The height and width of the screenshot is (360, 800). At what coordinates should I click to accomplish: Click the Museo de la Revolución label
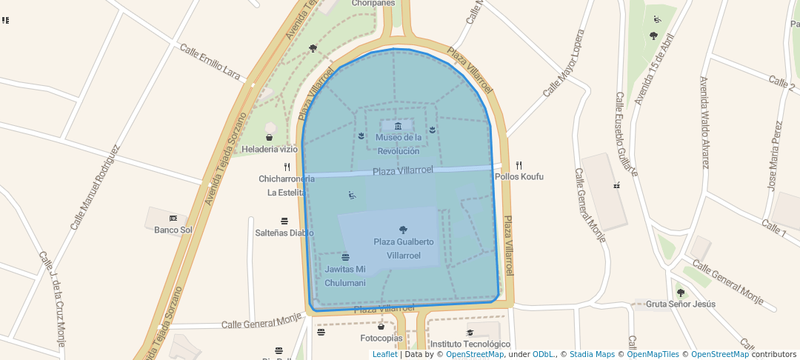(x=399, y=144)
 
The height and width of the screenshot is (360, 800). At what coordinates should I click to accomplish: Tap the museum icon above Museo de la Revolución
(x=398, y=125)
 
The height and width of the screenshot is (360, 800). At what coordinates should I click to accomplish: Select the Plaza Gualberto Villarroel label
(x=404, y=248)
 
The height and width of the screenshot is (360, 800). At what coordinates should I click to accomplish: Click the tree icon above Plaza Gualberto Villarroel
(x=403, y=230)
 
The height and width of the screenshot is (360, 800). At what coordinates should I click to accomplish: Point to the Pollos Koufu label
(x=519, y=177)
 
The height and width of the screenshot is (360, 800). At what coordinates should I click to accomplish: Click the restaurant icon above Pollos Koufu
(x=519, y=165)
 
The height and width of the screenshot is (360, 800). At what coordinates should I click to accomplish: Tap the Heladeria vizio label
(x=269, y=150)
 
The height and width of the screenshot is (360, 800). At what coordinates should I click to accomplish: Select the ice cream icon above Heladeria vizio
(x=269, y=137)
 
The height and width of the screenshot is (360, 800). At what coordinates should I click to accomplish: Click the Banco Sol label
(x=173, y=230)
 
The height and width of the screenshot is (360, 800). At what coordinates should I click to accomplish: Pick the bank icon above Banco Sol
(x=173, y=218)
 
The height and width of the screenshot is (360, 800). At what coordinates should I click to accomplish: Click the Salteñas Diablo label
(x=284, y=233)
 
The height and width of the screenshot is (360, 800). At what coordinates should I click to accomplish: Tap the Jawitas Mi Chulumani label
(x=345, y=276)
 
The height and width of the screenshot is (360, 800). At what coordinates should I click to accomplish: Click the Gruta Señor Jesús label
(x=681, y=304)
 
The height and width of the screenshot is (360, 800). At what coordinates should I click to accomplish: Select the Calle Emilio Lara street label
(x=210, y=62)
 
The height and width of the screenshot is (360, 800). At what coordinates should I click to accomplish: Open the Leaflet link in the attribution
(x=384, y=354)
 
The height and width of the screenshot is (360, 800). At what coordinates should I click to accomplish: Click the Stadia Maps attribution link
(x=590, y=354)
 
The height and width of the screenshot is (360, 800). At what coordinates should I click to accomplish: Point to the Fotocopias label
(x=381, y=339)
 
